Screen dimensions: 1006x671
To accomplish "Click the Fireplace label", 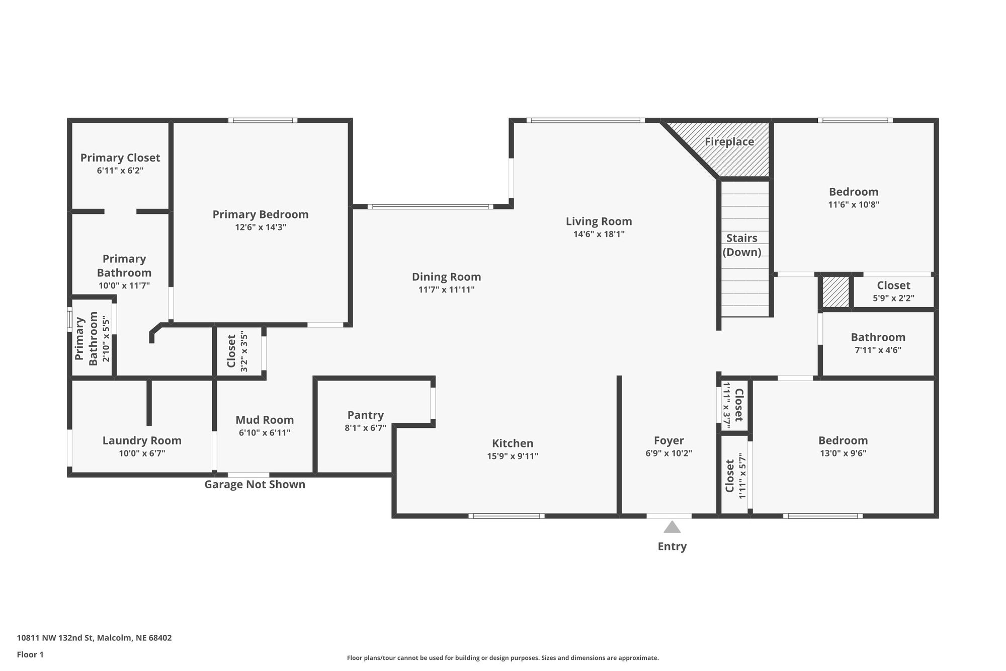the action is pos(729,142).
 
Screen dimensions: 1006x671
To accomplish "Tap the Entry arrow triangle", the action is pos(672,527).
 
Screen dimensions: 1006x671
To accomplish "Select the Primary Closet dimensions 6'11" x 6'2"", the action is pos(120,171).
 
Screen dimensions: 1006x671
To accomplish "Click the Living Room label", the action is pos(599,221).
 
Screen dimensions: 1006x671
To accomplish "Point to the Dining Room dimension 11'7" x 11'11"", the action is pos(446,289).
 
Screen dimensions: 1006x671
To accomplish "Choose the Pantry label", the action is pos(366,415).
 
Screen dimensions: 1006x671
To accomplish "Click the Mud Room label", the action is pos(265,420).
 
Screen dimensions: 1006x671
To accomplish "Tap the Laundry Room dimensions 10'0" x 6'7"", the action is pos(142,453).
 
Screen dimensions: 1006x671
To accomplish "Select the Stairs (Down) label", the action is pos(742,245).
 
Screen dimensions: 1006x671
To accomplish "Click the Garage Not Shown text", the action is pos(255,484).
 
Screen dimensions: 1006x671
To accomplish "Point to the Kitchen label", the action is pos(513,443).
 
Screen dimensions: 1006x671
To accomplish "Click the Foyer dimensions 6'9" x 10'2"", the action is pos(669,453).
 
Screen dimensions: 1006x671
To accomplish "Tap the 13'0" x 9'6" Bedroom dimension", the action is pos(843,453).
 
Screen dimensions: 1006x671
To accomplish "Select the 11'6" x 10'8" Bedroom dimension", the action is pos(854,205).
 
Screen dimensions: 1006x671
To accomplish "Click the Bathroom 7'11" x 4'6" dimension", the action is pos(878,350).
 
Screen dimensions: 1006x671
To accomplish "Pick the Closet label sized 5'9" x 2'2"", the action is pos(894,285).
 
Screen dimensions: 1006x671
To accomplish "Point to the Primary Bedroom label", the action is pos(261,214).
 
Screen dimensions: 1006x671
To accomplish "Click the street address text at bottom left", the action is pos(94,638).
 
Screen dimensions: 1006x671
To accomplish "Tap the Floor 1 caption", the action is pos(30,655).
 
